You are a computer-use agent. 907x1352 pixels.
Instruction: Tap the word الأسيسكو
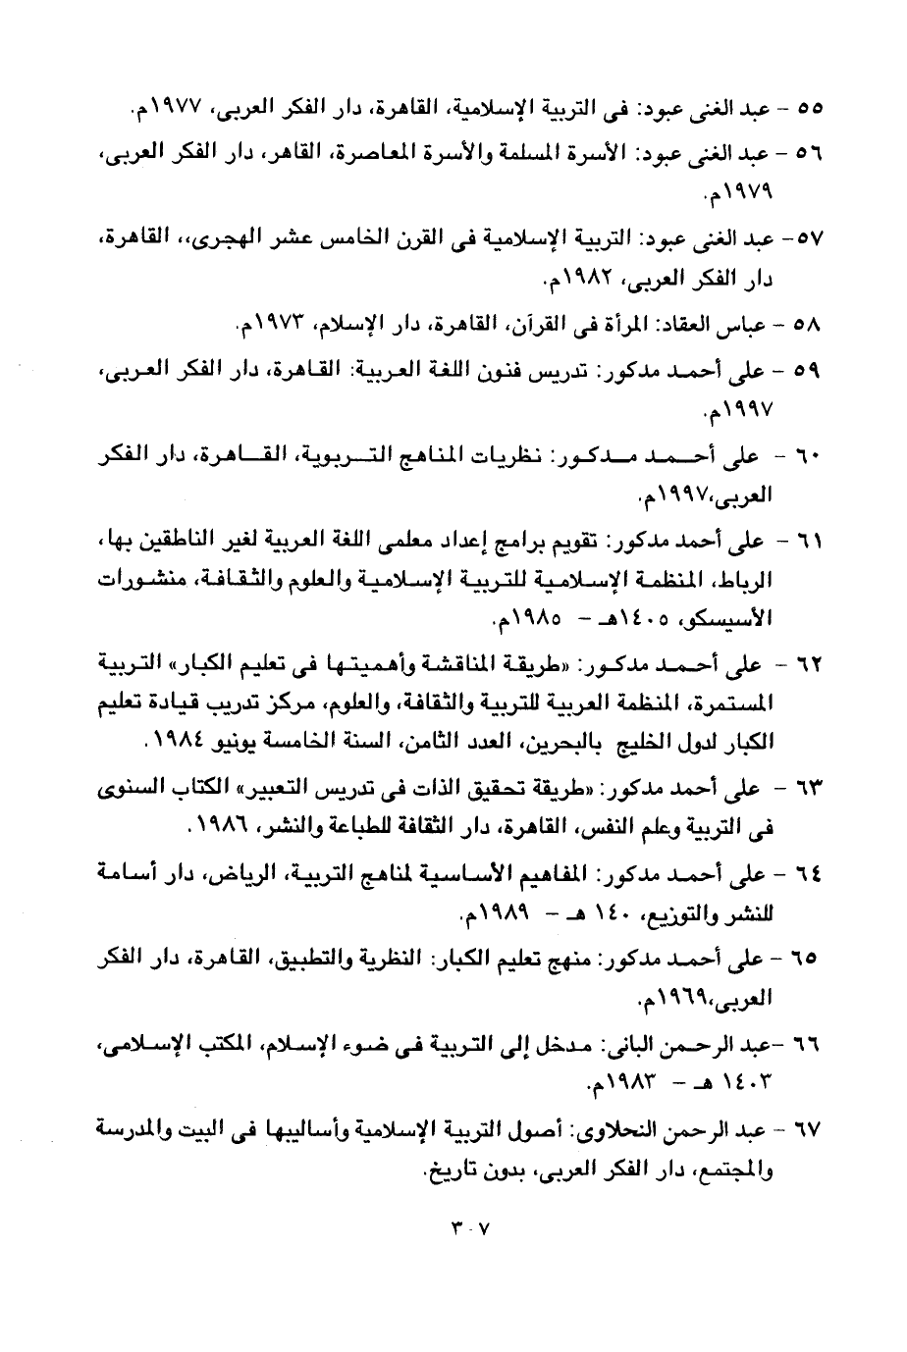pyautogui.click(x=727, y=621)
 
